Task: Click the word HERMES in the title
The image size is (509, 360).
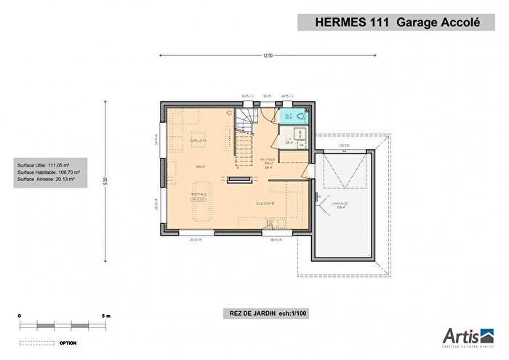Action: point(339,22)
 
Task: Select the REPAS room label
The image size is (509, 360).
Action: point(198,194)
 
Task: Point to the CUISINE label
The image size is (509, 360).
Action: point(264,204)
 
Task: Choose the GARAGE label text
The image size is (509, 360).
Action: point(340,204)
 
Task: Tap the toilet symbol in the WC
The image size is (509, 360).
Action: point(300,116)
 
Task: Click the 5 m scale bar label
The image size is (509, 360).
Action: point(106,316)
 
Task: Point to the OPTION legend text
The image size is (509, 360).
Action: point(68,341)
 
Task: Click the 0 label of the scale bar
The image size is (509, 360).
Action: point(20,316)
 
